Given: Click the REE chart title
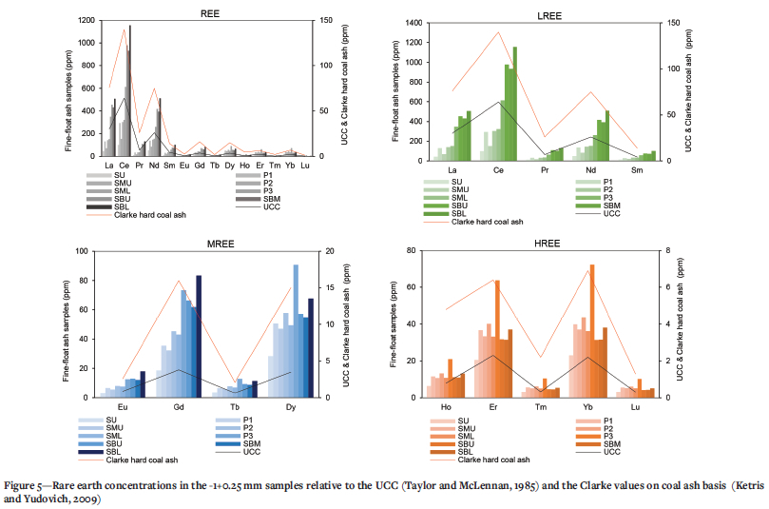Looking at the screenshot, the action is [210, 13].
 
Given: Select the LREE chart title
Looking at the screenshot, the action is [549, 16].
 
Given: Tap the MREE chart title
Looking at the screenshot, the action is [221, 244].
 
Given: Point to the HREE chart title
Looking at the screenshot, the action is [547, 244].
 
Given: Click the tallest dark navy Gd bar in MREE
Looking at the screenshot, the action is [199, 336].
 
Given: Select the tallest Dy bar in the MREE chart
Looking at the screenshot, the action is [296, 331].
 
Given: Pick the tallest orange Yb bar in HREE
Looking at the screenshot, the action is [592, 331].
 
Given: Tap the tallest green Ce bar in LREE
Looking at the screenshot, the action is [515, 104].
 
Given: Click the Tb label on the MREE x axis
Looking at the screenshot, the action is [235, 407].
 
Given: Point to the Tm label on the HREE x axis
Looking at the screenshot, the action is [541, 407].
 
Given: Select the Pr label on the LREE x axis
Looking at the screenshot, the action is [545, 170].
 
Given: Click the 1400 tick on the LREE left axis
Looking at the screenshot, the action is [413, 23].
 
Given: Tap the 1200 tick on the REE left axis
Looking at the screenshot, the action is [87, 20].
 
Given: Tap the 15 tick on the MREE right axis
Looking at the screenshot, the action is [330, 287].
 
